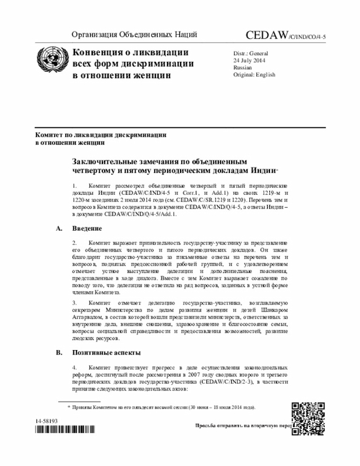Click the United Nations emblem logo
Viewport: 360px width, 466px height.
click(52, 64)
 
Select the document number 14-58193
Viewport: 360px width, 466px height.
click(47, 421)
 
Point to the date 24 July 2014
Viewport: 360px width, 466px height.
click(250, 60)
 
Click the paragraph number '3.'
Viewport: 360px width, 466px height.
click(75, 303)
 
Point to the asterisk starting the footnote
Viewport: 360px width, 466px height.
click(69, 406)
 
